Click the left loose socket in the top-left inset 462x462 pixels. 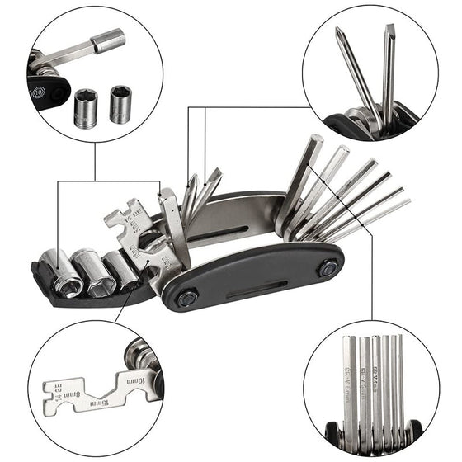[85, 107]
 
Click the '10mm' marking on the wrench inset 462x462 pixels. [136, 380]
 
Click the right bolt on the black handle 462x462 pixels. [328, 268]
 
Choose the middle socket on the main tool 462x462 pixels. [94, 273]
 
